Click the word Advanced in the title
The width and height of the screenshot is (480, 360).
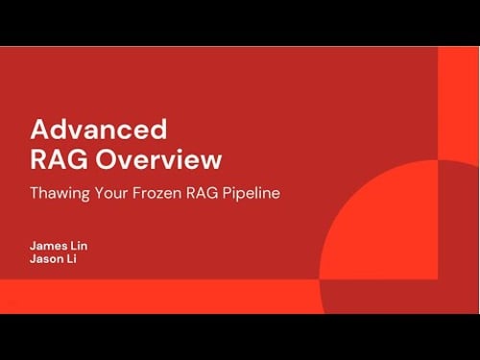[98, 129]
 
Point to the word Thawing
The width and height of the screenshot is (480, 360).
[60, 192]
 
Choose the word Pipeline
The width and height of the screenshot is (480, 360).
[252, 192]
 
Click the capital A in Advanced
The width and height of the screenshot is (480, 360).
[40, 129]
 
